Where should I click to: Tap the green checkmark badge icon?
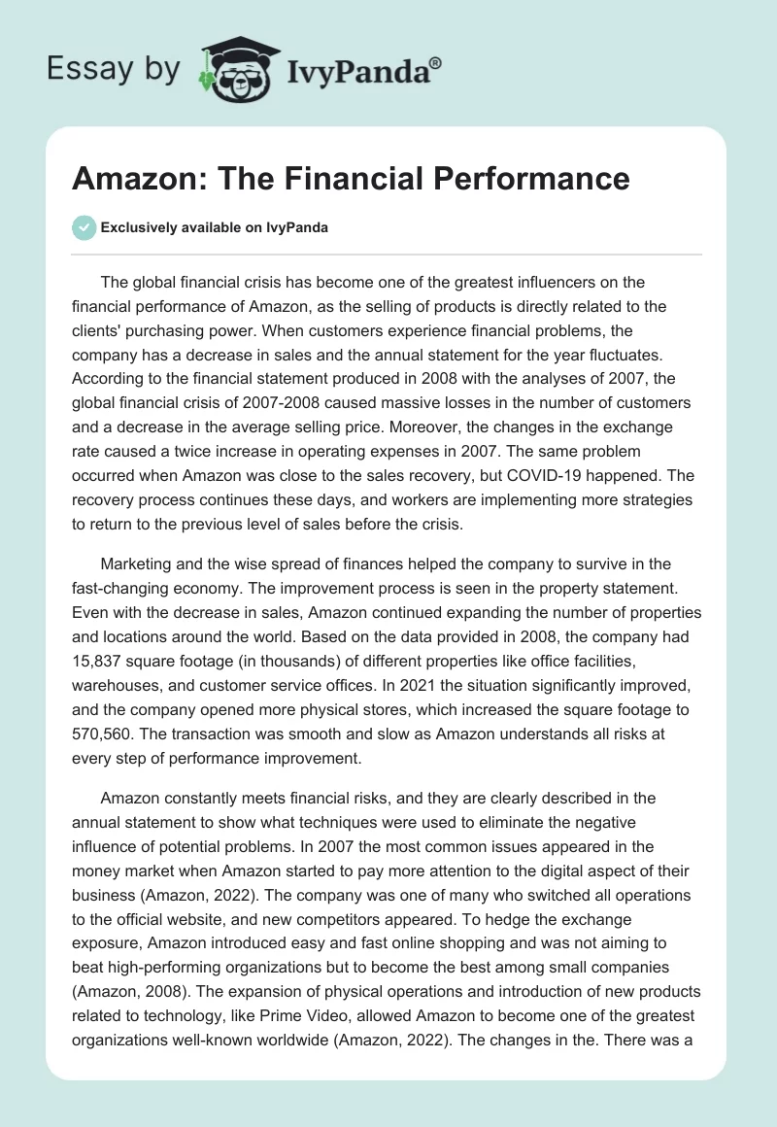pos(84,227)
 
